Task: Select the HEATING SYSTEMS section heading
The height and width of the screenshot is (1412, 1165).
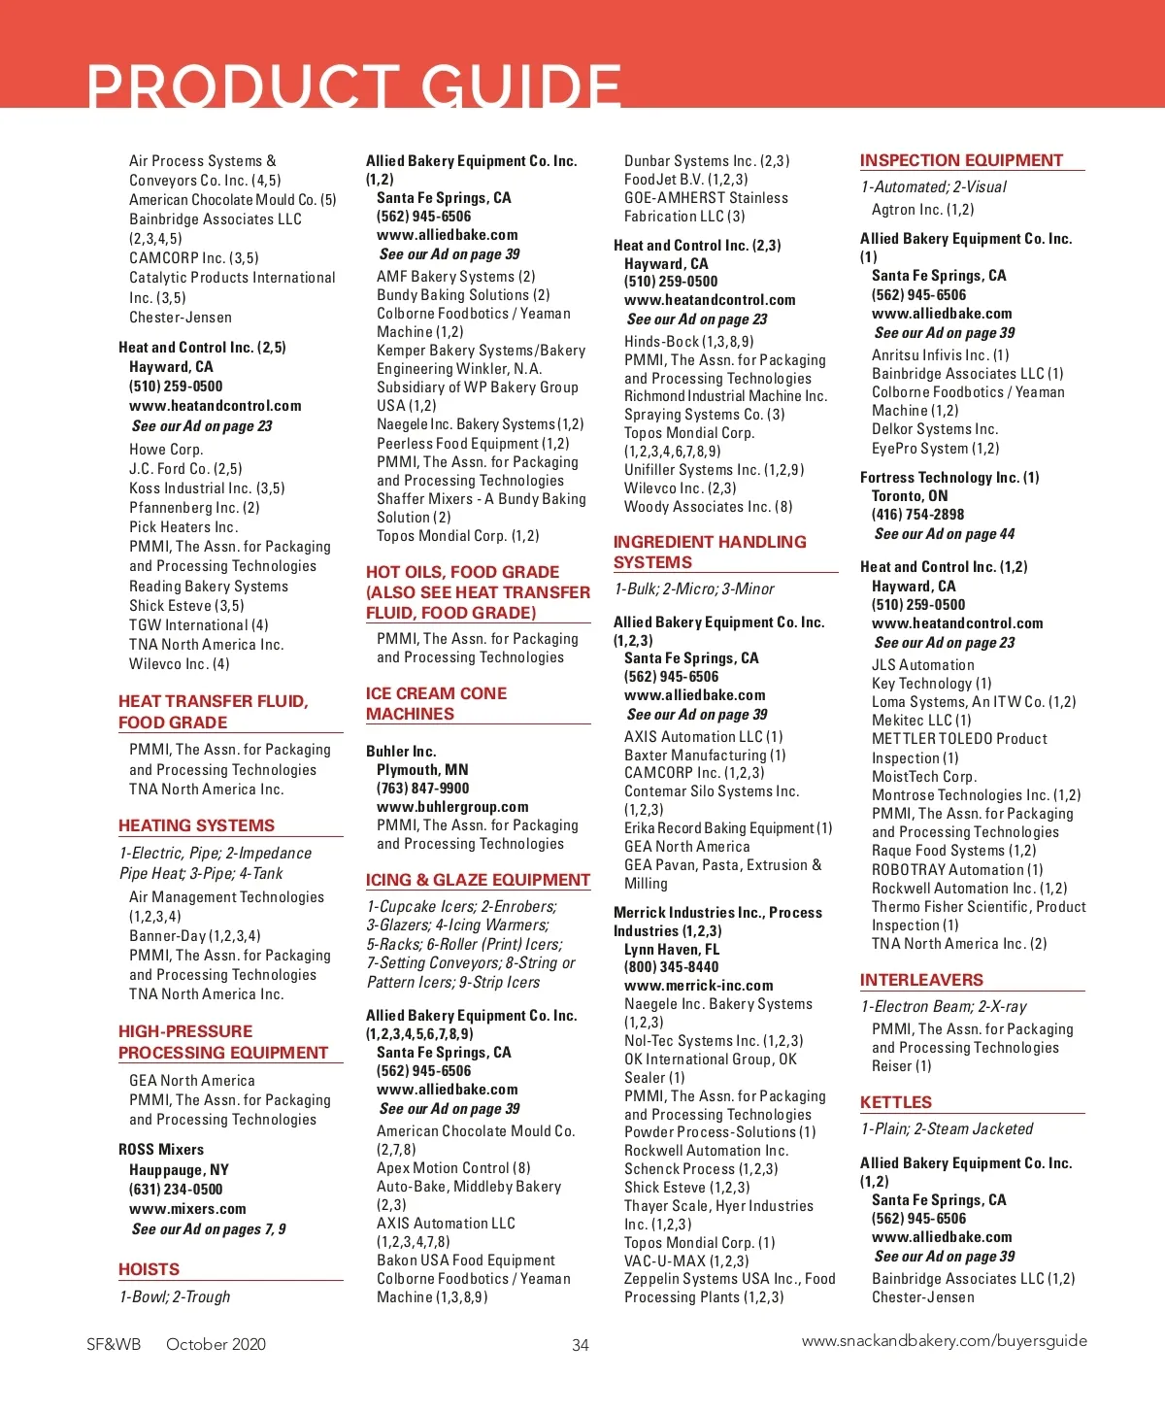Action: pos(196,825)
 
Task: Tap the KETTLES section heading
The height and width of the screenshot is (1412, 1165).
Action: pos(895,1102)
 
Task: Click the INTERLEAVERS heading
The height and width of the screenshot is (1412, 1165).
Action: pos(921,980)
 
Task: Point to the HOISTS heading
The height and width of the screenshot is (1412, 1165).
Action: pos(149,1269)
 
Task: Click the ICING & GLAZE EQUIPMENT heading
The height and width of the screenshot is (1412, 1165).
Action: pos(478,880)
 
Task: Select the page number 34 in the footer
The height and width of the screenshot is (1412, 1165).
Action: pos(581,1345)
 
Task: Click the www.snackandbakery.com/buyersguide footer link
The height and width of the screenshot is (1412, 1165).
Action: pos(944,1341)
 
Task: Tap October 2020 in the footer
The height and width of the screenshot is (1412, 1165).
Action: pos(216,1345)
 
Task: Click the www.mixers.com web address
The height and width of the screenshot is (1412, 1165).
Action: pos(187,1209)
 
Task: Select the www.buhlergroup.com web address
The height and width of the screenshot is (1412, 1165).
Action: pos(452,807)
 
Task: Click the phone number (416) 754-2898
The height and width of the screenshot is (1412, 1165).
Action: pos(917,515)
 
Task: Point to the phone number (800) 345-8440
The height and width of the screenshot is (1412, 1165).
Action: pos(671,967)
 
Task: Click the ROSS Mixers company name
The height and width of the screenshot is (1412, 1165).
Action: pos(161,1150)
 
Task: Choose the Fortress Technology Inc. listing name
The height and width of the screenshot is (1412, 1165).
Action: pos(949,478)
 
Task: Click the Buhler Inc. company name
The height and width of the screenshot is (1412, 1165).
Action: pos(401,752)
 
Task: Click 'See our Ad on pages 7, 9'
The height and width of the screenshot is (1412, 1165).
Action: pos(209,1229)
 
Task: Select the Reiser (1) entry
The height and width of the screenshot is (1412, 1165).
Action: pos(901,1066)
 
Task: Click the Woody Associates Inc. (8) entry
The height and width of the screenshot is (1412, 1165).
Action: pos(708,507)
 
